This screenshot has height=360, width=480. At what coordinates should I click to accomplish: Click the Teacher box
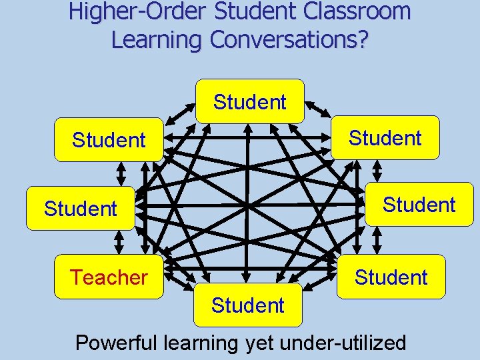point(109,277)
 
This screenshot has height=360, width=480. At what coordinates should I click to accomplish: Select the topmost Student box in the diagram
point(250,102)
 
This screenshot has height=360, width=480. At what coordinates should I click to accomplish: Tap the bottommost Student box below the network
point(248,305)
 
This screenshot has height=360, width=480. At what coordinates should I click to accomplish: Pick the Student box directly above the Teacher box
point(81,209)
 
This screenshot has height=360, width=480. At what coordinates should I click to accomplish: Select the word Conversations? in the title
point(289,39)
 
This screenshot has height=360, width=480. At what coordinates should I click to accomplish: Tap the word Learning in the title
point(157,39)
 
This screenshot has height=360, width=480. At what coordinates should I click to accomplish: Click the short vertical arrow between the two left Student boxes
point(121,173)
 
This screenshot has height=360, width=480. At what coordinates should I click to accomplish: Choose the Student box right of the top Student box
point(385,138)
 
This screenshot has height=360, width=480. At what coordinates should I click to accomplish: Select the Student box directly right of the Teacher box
point(391,277)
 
